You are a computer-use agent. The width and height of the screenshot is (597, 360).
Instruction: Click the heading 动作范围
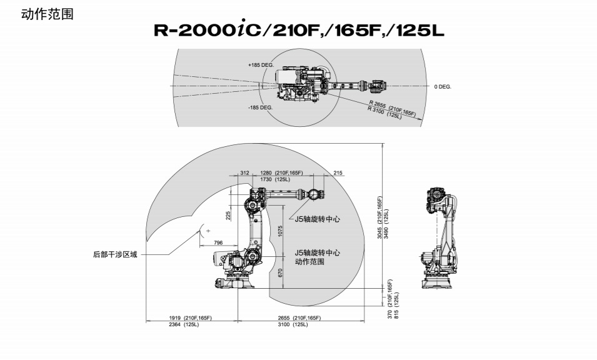48,14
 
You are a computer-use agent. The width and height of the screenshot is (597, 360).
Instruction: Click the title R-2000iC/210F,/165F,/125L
299,30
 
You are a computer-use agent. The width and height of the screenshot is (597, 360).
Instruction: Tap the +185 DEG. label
260,64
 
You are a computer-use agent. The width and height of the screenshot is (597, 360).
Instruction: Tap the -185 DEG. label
260,107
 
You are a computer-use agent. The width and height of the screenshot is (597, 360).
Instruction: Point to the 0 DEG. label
443,86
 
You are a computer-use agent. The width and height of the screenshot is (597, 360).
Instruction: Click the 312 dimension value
244,172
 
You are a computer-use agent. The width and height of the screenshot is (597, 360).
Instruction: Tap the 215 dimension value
338,172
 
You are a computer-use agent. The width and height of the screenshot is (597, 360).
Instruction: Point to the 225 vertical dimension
228,215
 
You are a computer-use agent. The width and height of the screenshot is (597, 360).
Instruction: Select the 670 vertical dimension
280,272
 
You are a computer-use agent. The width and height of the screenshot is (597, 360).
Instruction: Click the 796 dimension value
218,242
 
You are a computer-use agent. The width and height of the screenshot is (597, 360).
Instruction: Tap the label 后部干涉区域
114,254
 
